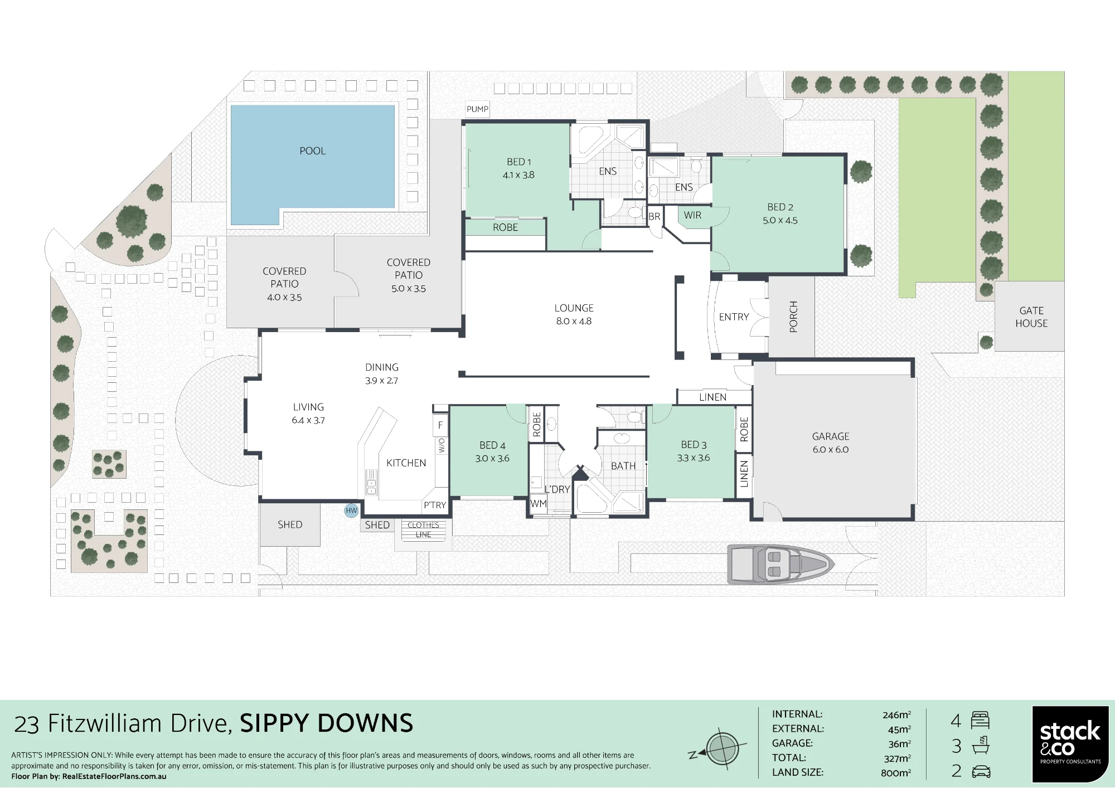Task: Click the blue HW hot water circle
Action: pos(351,510)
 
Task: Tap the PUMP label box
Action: pos(478,109)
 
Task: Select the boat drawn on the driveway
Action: pos(781,565)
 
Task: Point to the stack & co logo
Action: pos(1070,744)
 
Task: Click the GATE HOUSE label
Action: pos(1031,317)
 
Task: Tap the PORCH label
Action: pos(793,317)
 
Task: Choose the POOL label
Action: pos(312,151)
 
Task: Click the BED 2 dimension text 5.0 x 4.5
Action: pos(780,221)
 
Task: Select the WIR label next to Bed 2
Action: pos(692,215)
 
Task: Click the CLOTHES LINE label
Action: pos(423,529)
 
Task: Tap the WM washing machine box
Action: pos(539,504)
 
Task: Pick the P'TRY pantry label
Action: pos(434,505)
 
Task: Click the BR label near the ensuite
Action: pos(655,216)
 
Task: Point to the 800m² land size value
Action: pos(896,772)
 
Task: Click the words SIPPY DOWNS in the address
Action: pos(327,723)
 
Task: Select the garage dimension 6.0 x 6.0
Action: pos(831,450)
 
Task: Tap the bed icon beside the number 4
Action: pos(980,720)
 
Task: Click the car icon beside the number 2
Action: pos(981,772)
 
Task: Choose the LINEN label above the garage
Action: pos(712,397)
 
